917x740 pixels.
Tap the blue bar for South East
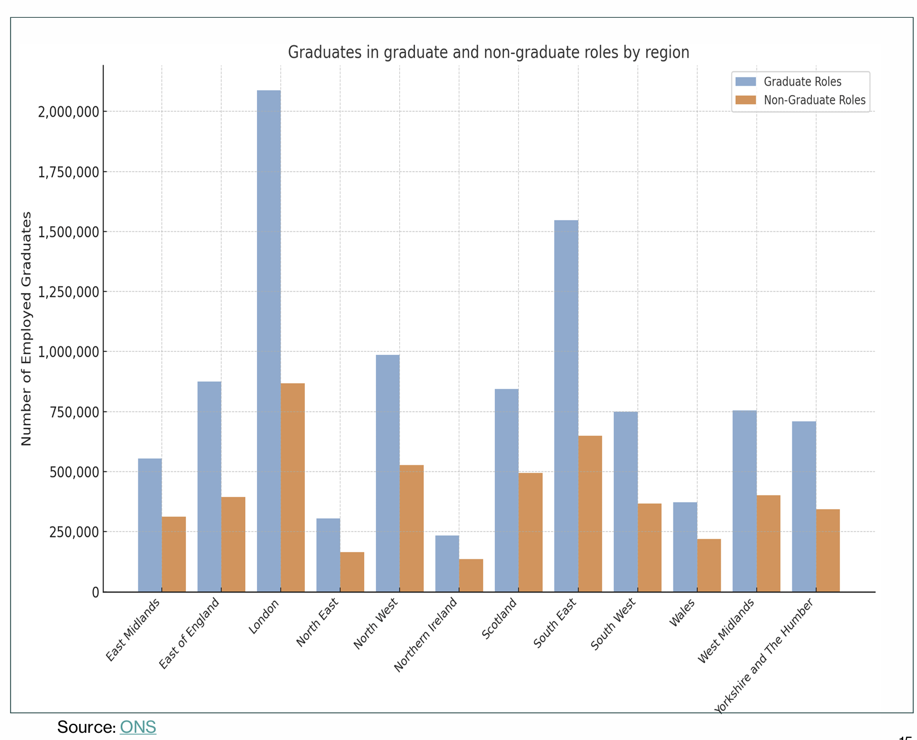(566, 406)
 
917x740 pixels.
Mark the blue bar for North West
(388, 473)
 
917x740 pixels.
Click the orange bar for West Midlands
(768, 543)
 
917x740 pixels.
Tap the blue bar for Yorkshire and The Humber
(804, 506)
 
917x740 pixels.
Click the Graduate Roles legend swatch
(746, 82)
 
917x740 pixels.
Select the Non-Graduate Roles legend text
(814, 100)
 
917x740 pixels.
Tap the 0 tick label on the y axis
(96, 592)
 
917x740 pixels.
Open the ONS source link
(138, 727)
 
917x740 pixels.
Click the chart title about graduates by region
(488, 52)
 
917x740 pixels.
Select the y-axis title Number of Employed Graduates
(26, 328)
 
